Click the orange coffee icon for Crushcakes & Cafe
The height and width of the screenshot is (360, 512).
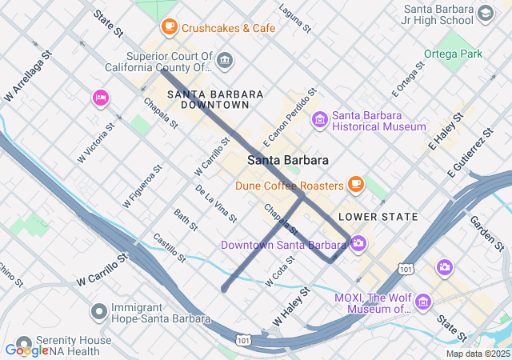tap(169, 27)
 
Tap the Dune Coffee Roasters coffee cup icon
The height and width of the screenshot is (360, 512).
tap(356, 186)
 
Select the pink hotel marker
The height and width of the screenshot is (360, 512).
tap(101, 98)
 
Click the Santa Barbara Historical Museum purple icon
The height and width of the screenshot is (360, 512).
tap(320, 120)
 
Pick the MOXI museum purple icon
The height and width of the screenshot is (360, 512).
tap(422, 302)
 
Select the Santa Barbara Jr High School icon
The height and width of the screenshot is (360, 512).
tap(484, 14)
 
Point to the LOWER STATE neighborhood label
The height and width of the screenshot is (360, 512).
tap(378, 217)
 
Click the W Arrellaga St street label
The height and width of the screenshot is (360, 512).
tap(27, 77)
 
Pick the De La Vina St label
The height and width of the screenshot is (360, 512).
tap(216, 204)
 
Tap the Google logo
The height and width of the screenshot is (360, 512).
tap(26, 350)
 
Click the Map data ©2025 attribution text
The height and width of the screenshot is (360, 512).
tap(478, 354)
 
